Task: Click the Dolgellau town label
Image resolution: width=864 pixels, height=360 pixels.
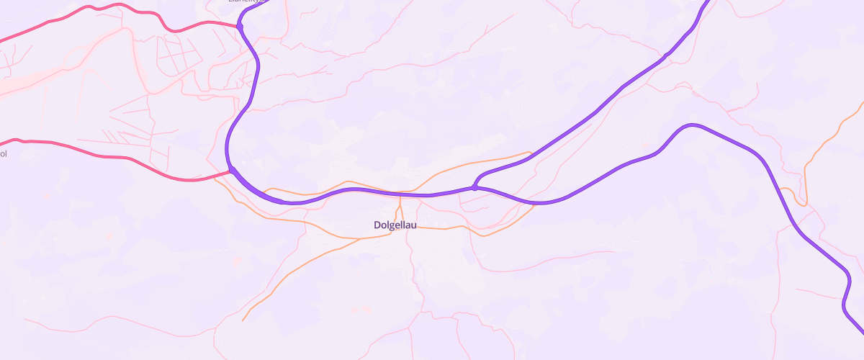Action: coord(395,225)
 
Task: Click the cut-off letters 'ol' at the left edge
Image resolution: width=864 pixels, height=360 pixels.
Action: coord(3,153)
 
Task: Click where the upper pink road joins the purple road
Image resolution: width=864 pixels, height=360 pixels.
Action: coord(240,27)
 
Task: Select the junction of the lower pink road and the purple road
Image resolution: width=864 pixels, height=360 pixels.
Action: coord(232,171)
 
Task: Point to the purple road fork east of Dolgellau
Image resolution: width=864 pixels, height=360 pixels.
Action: coord(474,187)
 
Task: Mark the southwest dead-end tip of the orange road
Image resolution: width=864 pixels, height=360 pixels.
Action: coord(243,320)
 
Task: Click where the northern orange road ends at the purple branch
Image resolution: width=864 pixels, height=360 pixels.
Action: coord(531,153)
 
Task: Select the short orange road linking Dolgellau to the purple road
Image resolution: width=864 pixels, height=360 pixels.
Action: coord(401,207)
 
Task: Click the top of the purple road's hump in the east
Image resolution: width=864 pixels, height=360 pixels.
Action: coord(691,125)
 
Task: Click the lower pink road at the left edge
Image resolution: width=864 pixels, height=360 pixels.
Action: coord(3,143)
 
